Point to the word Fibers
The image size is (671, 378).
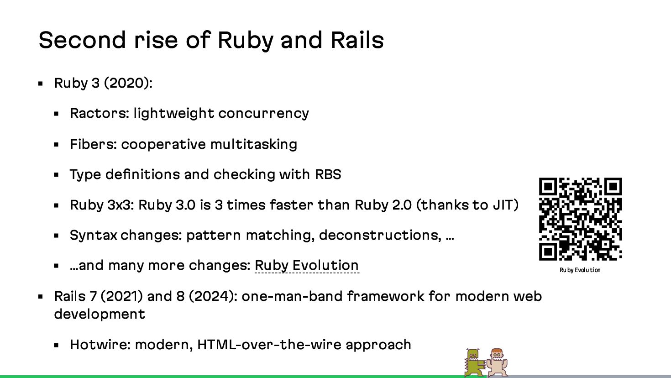pos(94,144)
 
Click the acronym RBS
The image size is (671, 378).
pos(328,174)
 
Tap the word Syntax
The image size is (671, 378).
pos(94,235)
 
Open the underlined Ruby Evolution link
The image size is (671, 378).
pos(306,265)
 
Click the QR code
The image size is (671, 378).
pos(580,219)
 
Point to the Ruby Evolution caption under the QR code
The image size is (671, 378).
pos(580,270)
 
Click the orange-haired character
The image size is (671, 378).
pos(497,363)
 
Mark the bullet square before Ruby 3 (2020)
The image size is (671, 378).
pos(41,84)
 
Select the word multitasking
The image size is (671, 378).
pos(253,144)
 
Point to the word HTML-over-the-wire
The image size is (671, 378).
pos(269,345)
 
